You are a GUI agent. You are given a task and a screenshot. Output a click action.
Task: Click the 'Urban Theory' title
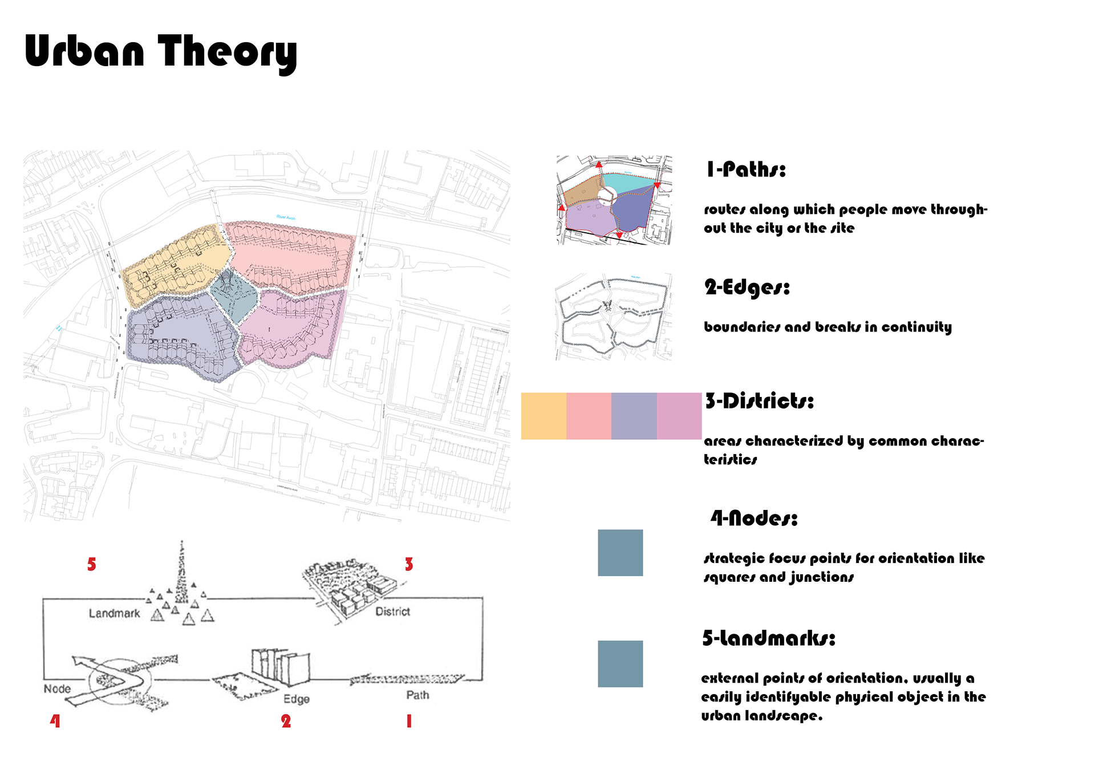pyautogui.click(x=160, y=52)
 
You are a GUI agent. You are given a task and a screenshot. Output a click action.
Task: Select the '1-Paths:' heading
pyautogui.click(x=746, y=169)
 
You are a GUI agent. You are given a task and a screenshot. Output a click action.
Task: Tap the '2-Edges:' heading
pyautogui.click(x=747, y=287)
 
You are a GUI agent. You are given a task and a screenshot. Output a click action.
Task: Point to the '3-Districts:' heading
pyautogui.click(x=759, y=401)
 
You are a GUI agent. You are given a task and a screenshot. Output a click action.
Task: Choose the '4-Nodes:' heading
pyautogui.click(x=754, y=518)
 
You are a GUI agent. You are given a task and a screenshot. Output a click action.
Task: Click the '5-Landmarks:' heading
pyautogui.click(x=768, y=638)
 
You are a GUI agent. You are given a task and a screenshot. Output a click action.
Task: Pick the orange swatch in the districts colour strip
pyautogui.click(x=544, y=416)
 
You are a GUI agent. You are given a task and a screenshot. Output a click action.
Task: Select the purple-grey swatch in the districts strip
pyautogui.click(x=634, y=416)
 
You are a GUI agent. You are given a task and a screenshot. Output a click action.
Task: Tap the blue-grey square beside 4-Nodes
pyautogui.click(x=620, y=553)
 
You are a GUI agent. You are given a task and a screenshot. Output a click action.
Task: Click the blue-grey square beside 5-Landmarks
pyautogui.click(x=620, y=663)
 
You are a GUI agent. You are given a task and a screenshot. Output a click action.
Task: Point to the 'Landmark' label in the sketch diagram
pyautogui.click(x=114, y=613)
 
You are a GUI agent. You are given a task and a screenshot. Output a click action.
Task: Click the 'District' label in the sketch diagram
pyautogui.click(x=392, y=611)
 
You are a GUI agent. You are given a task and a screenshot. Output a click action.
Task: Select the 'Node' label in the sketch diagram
pyautogui.click(x=57, y=688)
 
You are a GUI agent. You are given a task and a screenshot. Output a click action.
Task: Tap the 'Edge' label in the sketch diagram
pyautogui.click(x=297, y=699)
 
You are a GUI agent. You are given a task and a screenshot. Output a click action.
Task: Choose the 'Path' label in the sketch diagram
pyautogui.click(x=417, y=695)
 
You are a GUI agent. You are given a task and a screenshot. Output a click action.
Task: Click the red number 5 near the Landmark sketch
pyautogui.click(x=92, y=564)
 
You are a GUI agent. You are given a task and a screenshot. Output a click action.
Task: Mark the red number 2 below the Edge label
pyautogui.click(x=286, y=721)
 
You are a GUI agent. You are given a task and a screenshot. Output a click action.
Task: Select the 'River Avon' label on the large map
pyautogui.click(x=286, y=217)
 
